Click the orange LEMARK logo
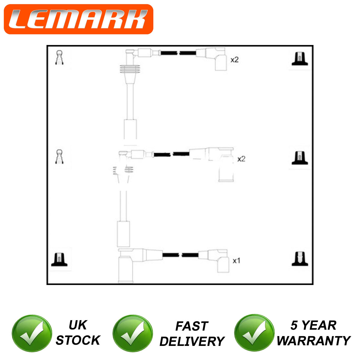[79, 19]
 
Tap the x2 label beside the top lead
[235, 60]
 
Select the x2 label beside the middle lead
[241, 159]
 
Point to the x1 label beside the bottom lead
[236, 261]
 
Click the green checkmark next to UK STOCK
[32, 333]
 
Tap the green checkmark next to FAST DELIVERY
[133, 333]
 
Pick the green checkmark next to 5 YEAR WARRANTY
[254, 333]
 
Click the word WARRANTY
[313, 340]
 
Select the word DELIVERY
[192, 341]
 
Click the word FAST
[192, 326]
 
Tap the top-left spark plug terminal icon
[59, 58]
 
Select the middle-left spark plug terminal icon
[59, 157]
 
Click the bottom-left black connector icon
[59, 259]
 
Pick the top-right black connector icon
[300, 59]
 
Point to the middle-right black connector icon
[300, 158]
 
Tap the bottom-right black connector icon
[300, 259]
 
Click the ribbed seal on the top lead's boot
[130, 69]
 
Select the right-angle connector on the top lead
[216, 59]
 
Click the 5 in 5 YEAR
[294, 325]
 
